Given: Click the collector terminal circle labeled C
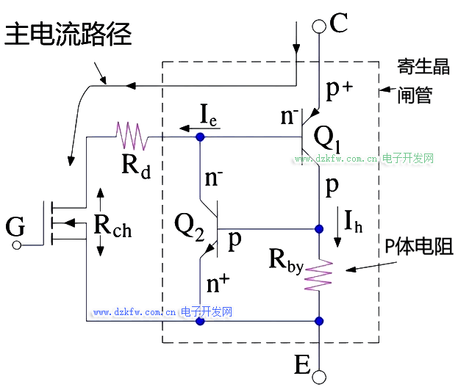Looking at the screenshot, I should [319, 26].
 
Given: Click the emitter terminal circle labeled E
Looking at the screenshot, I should [319, 377].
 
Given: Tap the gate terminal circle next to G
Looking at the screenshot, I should [17, 245].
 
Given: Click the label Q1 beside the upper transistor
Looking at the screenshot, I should [326, 137].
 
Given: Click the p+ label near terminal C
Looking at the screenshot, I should [339, 90].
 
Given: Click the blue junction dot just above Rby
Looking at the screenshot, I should [319, 228].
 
